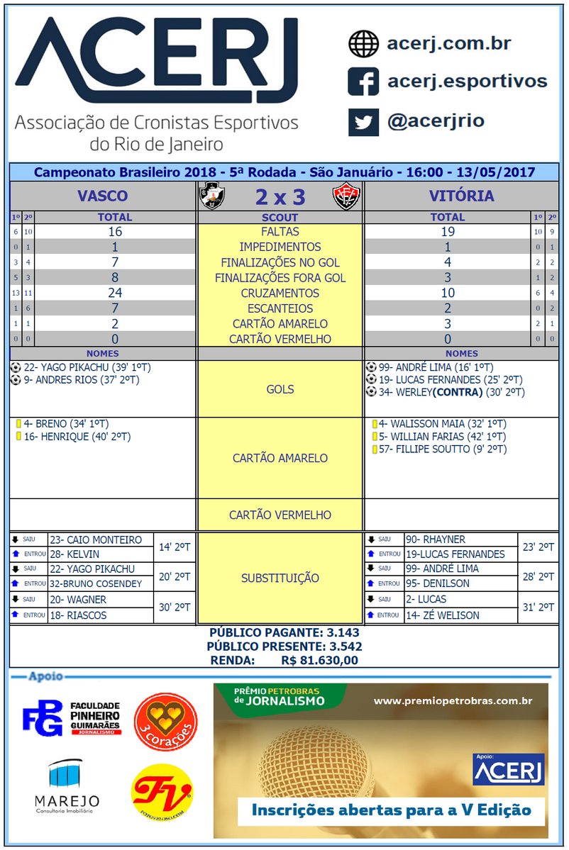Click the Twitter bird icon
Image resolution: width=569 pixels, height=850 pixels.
pyautogui.click(x=363, y=121)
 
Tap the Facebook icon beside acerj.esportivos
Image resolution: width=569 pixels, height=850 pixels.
pyautogui.click(x=363, y=82)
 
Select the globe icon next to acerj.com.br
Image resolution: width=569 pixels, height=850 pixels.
pyautogui.click(x=363, y=44)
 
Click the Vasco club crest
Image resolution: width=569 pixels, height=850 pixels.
pyautogui.click(x=210, y=196)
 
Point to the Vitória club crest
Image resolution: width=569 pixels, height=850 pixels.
pyautogui.click(x=347, y=196)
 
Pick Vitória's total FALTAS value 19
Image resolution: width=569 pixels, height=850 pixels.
pyautogui.click(x=447, y=232)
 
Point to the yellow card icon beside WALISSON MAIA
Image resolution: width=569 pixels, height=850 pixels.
pyautogui.click(x=373, y=424)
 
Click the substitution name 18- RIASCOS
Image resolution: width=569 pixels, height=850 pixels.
pyautogui.click(x=78, y=615)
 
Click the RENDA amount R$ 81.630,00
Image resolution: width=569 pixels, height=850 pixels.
pyautogui.click(x=319, y=660)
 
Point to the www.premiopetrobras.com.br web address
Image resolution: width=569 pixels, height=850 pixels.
pyautogui.click(x=453, y=701)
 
